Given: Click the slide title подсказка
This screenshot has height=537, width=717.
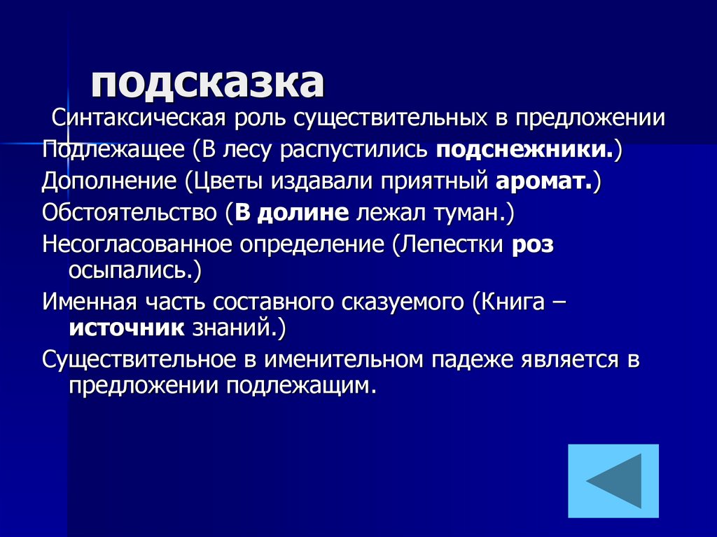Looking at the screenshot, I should point(207,83).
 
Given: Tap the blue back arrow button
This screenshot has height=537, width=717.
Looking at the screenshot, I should point(613,480).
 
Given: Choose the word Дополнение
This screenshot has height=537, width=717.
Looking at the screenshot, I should point(109,181).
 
